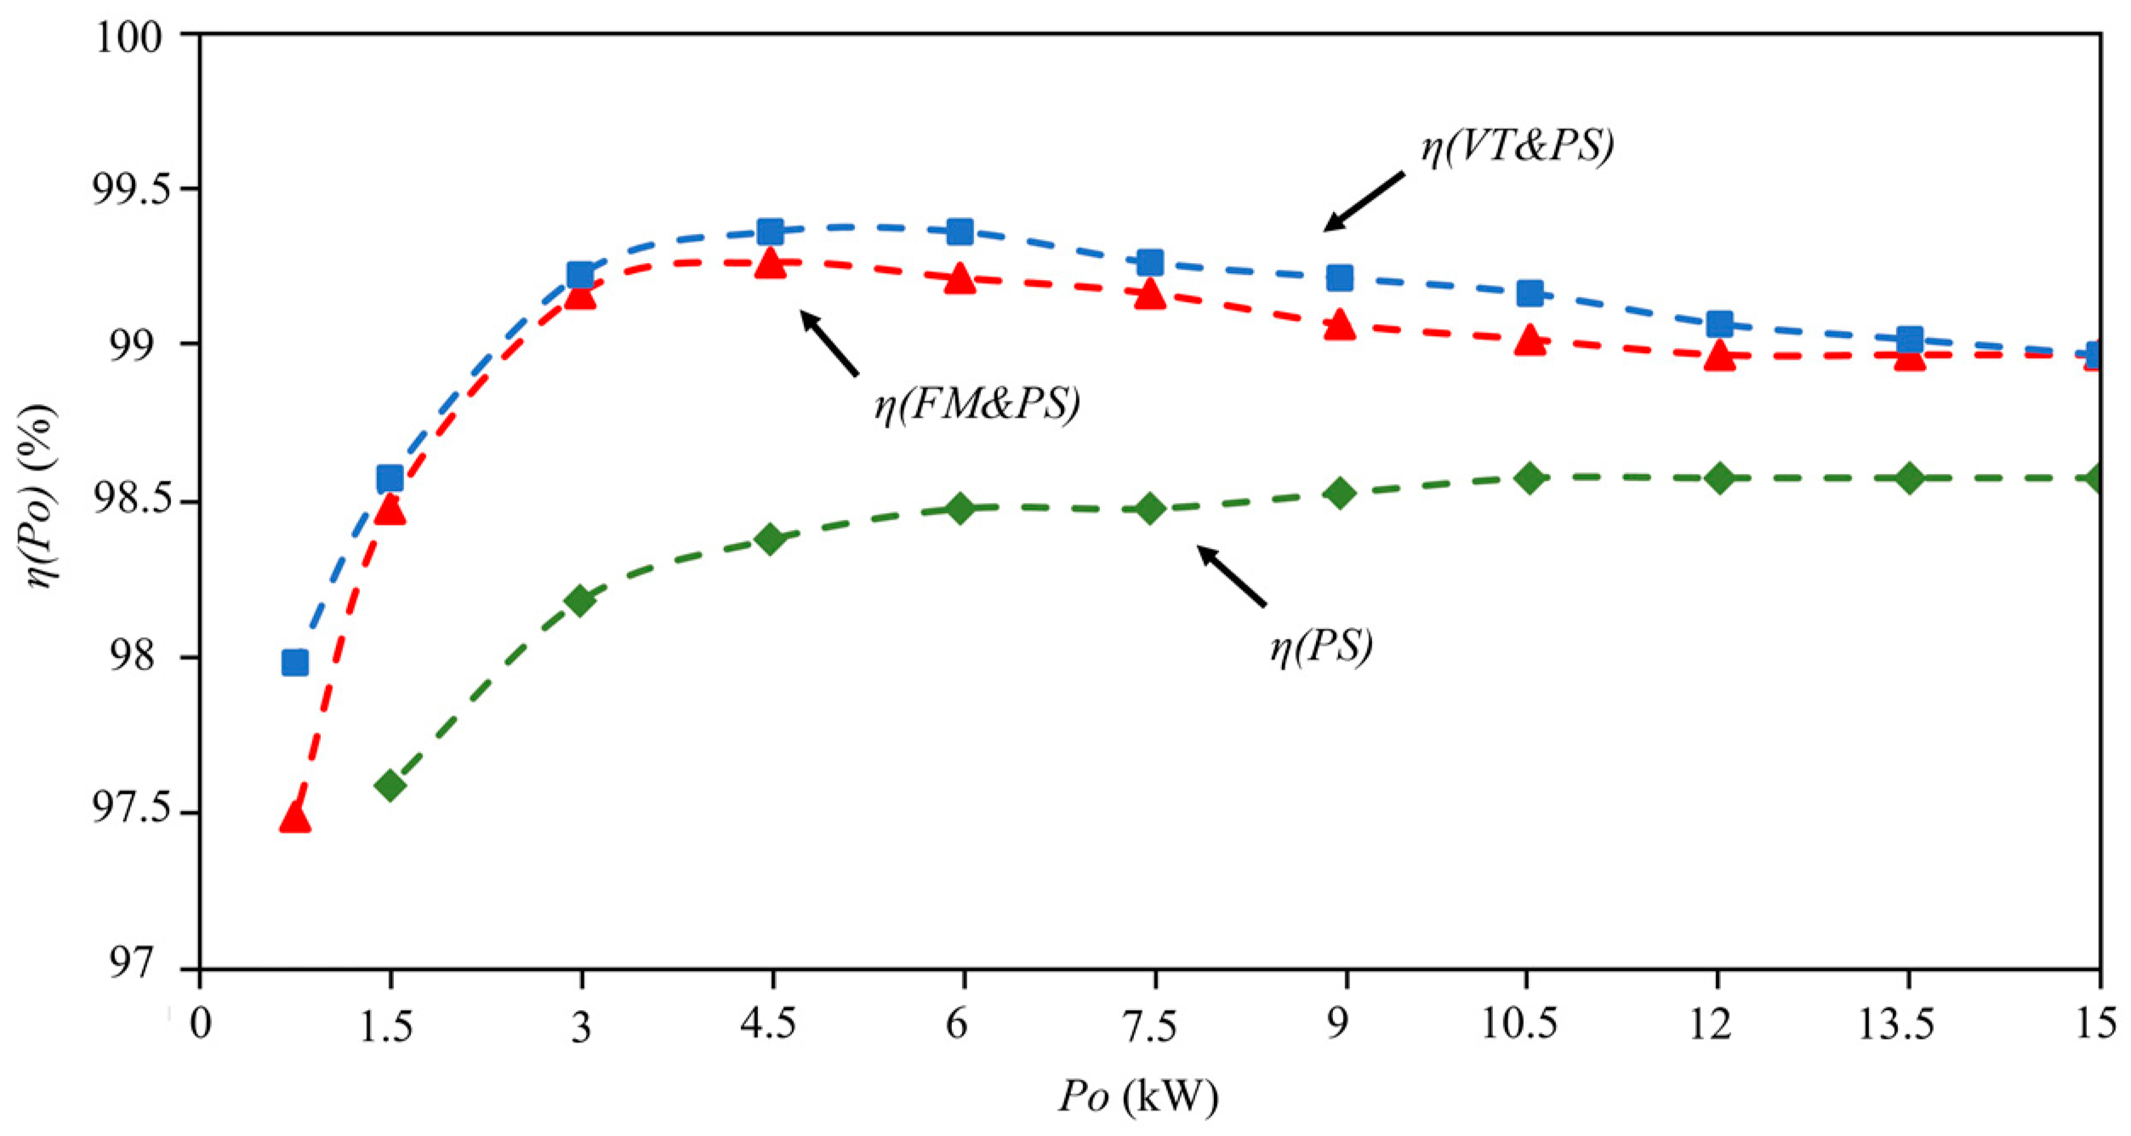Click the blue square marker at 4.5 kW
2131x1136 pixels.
[x=770, y=231]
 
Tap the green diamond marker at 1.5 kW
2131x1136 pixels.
[x=390, y=785]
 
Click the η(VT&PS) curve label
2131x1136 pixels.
[x=1517, y=147]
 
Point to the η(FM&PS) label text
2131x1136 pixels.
[x=977, y=405]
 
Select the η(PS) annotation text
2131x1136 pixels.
[x=1320, y=648]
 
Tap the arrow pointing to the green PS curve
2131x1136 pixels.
[x=1232, y=576]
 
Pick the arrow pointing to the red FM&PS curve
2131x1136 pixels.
[x=829, y=344]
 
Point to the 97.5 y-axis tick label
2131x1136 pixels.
[x=128, y=811]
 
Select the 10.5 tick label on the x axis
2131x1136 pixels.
[x=1519, y=1024]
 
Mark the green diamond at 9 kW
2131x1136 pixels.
[x=1340, y=493]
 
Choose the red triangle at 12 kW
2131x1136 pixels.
[x=1719, y=355]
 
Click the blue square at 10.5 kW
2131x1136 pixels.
[x=1530, y=294]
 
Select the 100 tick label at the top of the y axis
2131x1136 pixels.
[x=128, y=38]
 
